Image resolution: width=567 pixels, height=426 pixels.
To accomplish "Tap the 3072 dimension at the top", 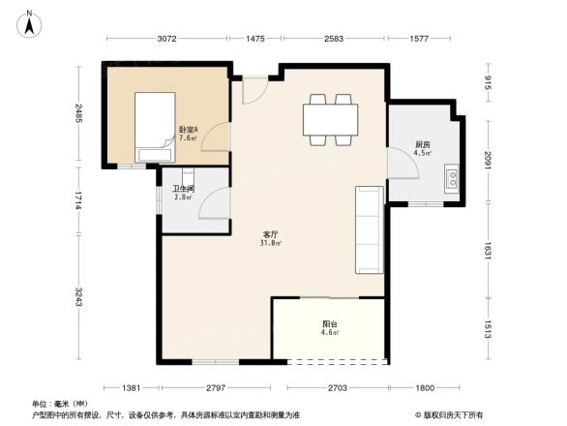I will click(x=167, y=40).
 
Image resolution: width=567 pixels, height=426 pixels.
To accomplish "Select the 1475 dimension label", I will click(x=254, y=40).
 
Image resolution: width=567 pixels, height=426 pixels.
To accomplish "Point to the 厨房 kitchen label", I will click(x=422, y=148).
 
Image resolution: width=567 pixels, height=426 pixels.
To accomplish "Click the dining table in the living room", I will click(x=330, y=119).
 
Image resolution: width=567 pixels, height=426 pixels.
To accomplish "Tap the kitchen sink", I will click(x=452, y=178).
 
